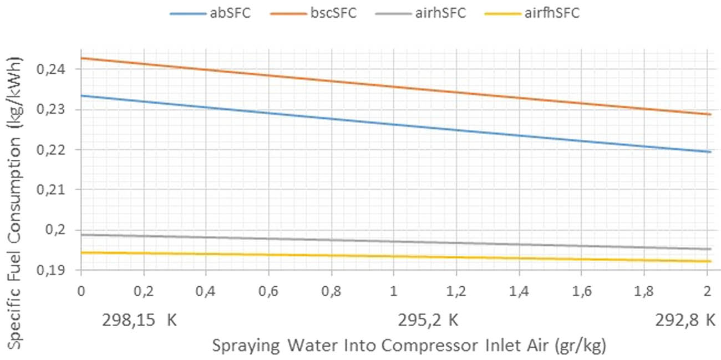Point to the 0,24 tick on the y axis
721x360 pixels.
pos(61,70)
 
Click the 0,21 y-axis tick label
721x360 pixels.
pos(61,190)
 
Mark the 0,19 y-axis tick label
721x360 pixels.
pos(61,270)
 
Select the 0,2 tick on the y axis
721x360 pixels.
pos(65,230)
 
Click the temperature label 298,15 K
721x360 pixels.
pos(139,321)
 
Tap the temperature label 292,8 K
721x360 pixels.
pos(684,321)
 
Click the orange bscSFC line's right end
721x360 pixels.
pos(710,115)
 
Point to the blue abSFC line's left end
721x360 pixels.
pos(82,96)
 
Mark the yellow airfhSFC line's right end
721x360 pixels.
pos(710,261)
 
